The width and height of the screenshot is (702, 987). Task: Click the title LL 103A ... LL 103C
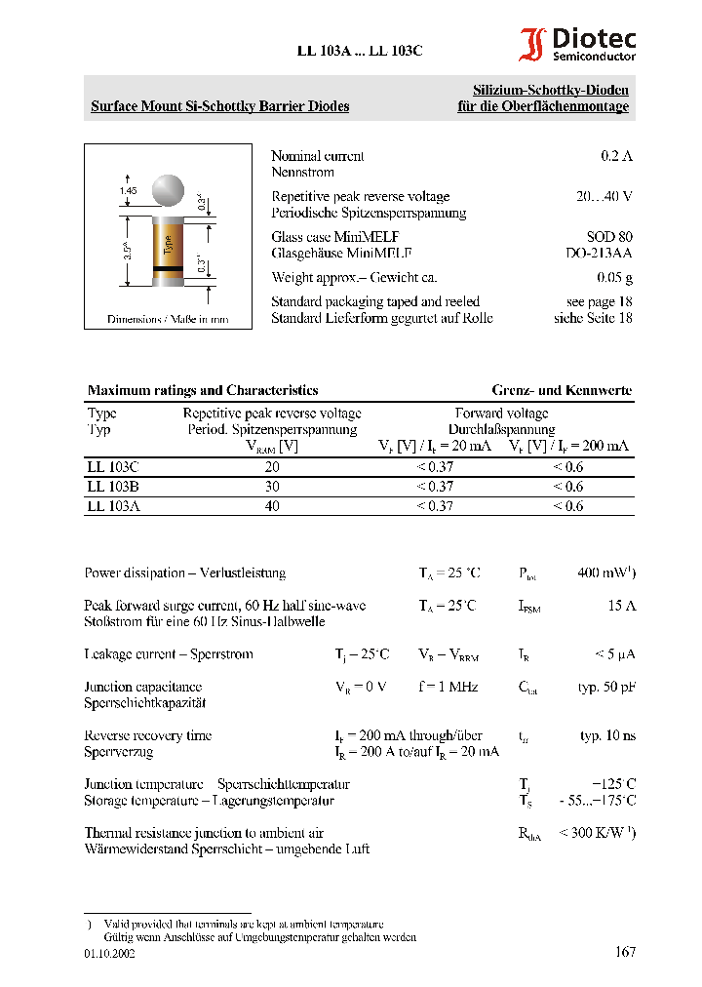360,53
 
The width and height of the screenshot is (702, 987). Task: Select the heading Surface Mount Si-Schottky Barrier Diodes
219,106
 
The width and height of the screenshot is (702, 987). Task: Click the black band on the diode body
169,266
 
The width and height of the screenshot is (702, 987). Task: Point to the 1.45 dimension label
128,190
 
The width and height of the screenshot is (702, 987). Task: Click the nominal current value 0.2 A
616,156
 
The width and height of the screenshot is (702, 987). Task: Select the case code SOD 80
609,237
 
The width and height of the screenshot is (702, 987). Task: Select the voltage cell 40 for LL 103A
272,506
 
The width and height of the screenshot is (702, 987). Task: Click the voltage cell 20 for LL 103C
272,467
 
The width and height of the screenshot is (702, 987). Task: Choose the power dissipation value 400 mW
605,572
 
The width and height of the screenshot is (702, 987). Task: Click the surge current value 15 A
621,606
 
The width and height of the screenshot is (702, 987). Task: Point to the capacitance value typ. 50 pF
606,687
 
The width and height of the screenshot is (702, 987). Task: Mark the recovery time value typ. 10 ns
607,735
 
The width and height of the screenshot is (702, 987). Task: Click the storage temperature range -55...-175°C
598,801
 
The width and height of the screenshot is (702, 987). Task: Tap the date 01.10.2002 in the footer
109,953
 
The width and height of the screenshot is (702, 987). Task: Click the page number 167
625,952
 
